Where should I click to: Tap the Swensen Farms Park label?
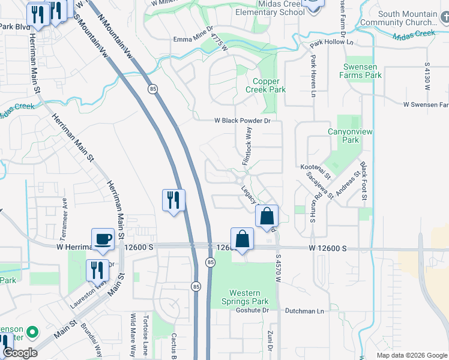click(363, 71)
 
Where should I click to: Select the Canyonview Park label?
click(343, 136)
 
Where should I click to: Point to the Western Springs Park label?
click(249, 297)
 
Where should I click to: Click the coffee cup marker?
click(103, 239)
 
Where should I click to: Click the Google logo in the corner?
click(20, 353)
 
